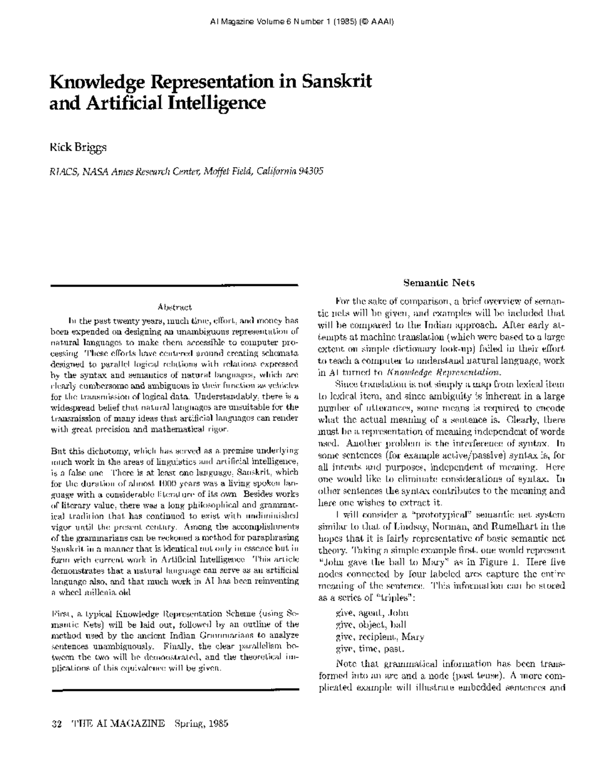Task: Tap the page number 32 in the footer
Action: coord(56,724)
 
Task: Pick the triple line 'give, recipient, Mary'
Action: coord(380,636)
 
